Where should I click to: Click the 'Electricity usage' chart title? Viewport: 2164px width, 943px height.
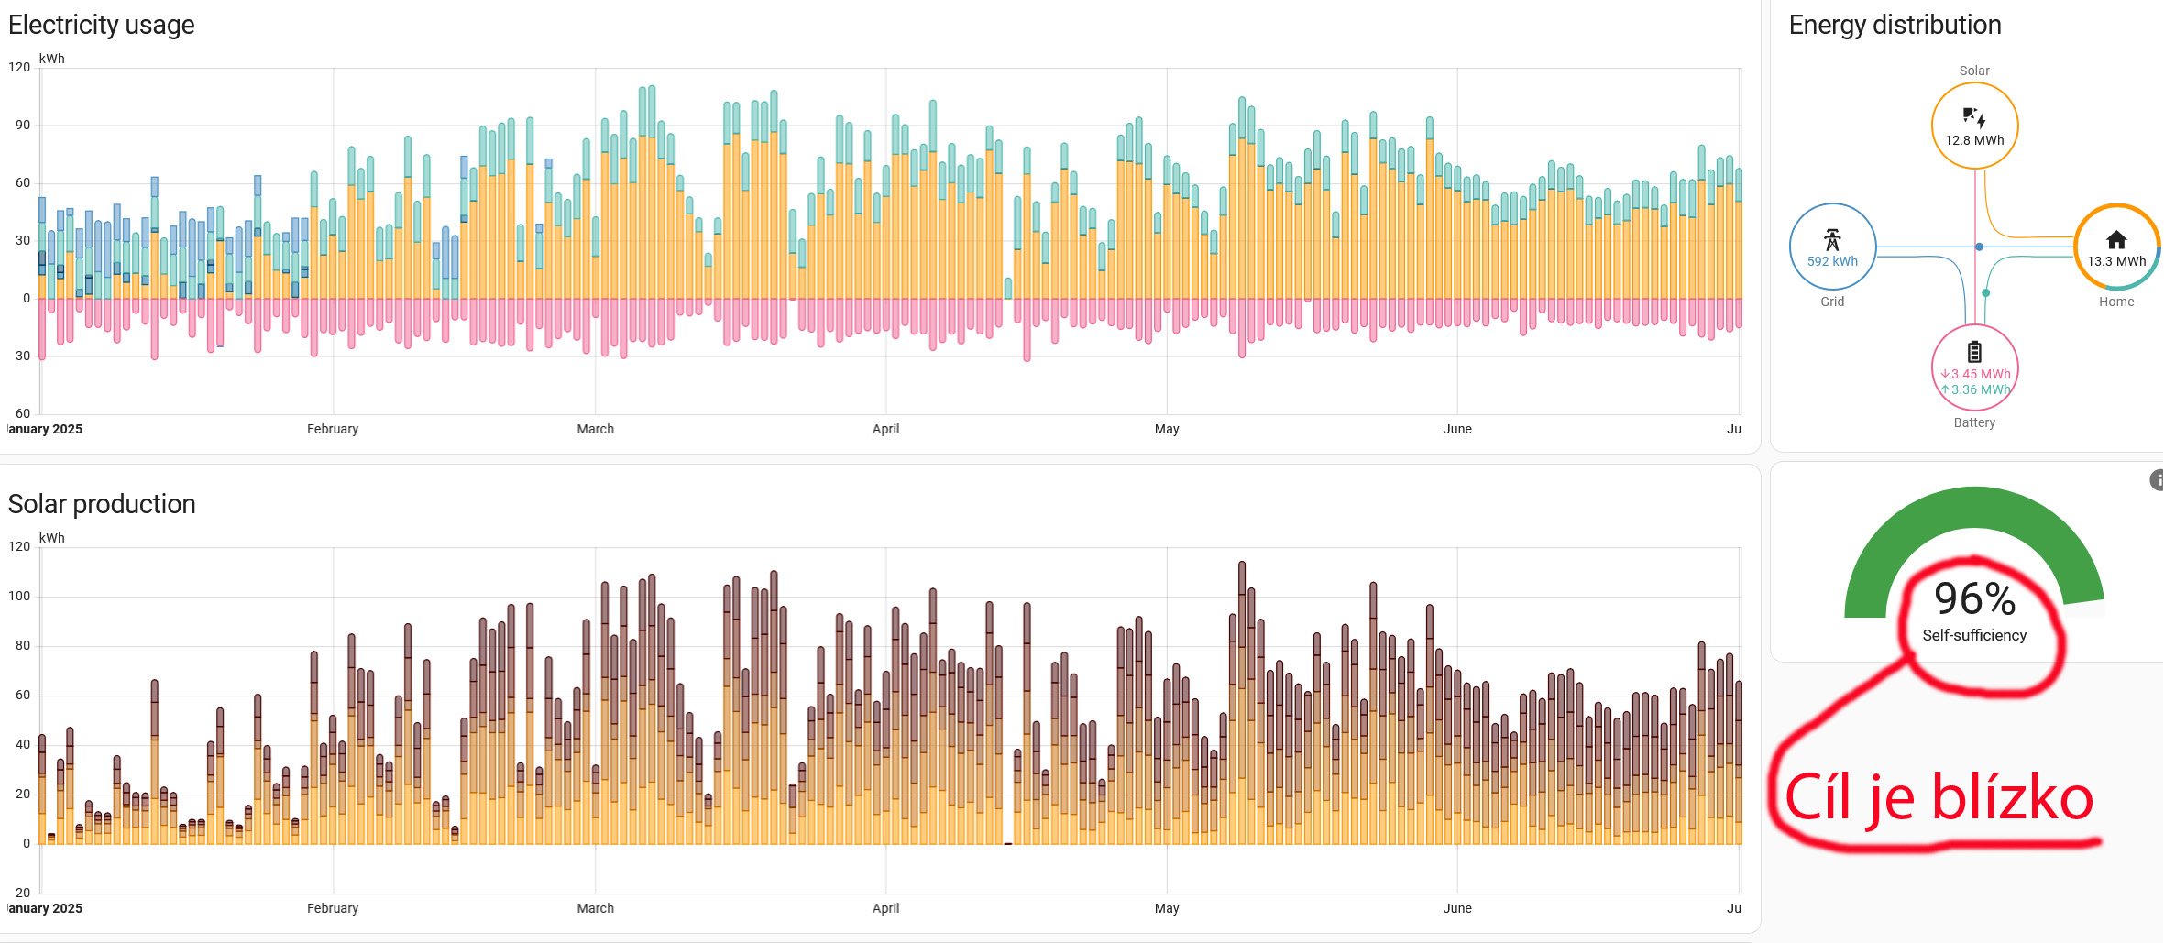point(101,25)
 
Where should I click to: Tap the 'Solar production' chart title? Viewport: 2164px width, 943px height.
point(101,504)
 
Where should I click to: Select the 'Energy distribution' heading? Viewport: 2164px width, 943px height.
point(1895,25)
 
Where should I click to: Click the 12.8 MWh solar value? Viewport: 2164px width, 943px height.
point(1974,140)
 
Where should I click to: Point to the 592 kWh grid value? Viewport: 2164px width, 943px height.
point(1832,261)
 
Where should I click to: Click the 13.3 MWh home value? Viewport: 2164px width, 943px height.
point(2116,261)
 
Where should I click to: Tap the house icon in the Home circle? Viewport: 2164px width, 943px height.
point(2116,240)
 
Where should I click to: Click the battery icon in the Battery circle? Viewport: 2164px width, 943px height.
point(1974,352)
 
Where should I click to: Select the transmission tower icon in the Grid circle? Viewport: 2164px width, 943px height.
point(1832,240)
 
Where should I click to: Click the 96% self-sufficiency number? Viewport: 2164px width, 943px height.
point(1974,599)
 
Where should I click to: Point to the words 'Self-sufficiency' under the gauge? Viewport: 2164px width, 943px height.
point(1974,635)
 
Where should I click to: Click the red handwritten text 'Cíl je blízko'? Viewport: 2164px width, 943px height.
point(1939,797)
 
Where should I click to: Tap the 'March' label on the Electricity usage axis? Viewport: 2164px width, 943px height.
point(595,429)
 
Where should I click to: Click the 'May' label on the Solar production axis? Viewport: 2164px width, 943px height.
point(1166,908)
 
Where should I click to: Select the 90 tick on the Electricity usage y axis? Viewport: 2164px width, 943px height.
point(22,125)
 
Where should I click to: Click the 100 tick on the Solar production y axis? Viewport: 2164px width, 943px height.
point(19,596)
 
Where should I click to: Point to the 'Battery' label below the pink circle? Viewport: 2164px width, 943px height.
point(1974,422)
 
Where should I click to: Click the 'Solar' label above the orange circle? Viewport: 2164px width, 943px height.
point(1974,71)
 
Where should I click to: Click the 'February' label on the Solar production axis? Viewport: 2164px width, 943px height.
point(332,908)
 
